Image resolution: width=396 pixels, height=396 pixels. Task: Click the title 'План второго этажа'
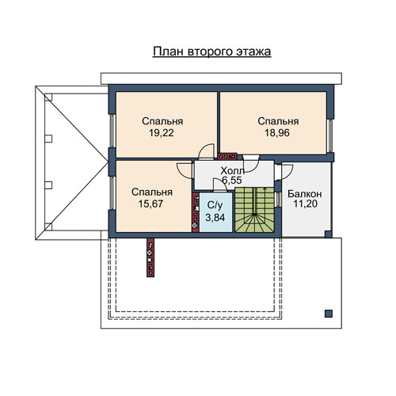pyautogui.click(x=212, y=52)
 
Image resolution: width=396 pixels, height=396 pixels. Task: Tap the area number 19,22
pyautogui.click(x=162, y=133)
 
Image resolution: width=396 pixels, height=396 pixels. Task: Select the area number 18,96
pyautogui.click(x=277, y=133)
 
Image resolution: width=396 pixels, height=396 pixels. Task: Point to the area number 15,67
pyautogui.click(x=151, y=204)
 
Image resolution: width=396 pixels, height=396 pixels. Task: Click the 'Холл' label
pyautogui.click(x=233, y=170)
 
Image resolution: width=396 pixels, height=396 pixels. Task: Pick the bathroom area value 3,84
pyautogui.click(x=215, y=218)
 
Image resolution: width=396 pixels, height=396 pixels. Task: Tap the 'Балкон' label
pyautogui.click(x=305, y=194)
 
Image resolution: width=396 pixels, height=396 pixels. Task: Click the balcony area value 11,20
pyautogui.click(x=306, y=204)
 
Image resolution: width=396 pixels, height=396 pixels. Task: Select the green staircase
pyautogui.click(x=254, y=210)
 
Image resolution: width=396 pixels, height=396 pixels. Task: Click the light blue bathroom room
pyautogui.click(x=216, y=212)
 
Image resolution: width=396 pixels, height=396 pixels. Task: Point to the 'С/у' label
pyautogui.click(x=215, y=205)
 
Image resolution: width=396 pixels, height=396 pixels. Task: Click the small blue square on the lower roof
pyautogui.click(x=329, y=314)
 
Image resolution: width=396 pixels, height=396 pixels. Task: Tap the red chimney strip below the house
pyautogui.click(x=150, y=257)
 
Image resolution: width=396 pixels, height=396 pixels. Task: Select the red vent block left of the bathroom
pyautogui.click(x=196, y=212)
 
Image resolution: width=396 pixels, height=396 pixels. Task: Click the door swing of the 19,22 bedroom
pyautogui.click(x=207, y=151)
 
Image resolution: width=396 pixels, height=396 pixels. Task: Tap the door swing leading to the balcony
pyautogui.click(x=287, y=172)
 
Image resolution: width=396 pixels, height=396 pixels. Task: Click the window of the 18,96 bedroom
pyautogui.click(x=329, y=136)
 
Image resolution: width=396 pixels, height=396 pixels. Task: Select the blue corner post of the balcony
pyautogui.click(x=328, y=234)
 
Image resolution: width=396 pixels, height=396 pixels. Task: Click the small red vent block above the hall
pyautogui.click(x=227, y=157)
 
